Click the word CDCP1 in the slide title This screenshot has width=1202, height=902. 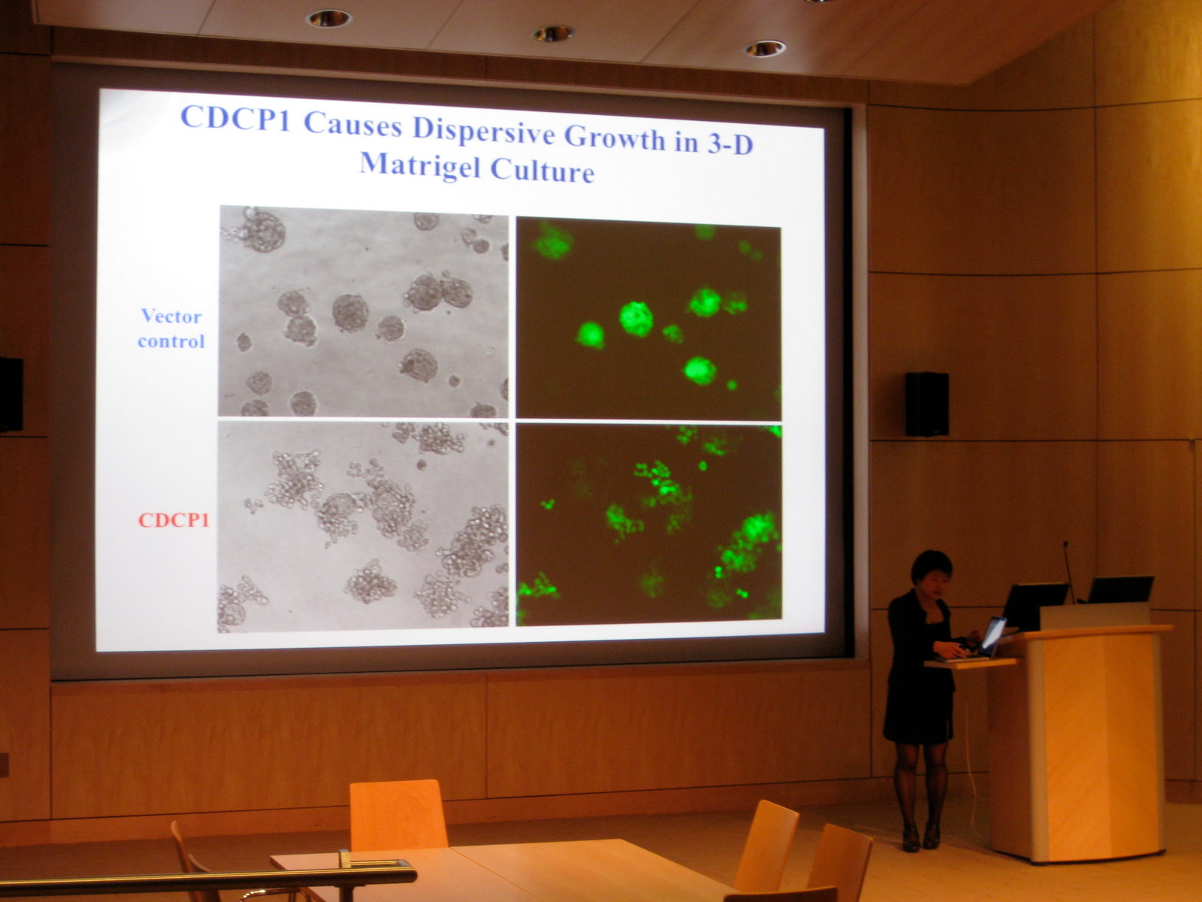click(x=235, y=118)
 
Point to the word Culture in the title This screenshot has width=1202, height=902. click(x=542, y=171)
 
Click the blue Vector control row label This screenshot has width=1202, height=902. click(x=171, y=328)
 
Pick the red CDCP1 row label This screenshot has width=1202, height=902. click(x=174, y=519)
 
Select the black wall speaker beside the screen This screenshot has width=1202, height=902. click(x=926, y=404)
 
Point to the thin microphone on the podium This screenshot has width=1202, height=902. click(x=1068, y=571)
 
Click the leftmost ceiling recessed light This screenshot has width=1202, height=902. click(x=328, y=19)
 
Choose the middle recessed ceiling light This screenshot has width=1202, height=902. click(x=553, y=33)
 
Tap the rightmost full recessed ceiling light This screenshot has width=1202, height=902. click(x=765, y=49)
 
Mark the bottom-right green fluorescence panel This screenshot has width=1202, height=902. click(x=649, y=524)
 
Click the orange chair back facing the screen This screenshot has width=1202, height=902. click(x=398, y=815)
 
